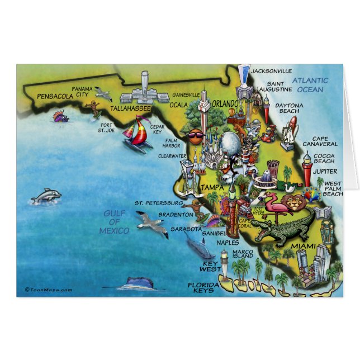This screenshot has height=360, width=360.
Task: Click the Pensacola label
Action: tap(55, 97)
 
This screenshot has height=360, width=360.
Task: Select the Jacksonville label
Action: tap(271, 72)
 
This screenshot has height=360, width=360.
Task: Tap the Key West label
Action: tap(210, 266)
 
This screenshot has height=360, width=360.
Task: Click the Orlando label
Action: tap(225, 104)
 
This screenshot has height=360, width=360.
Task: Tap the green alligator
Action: tap(283, 230)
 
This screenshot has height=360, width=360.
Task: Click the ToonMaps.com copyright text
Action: tap(49, 290)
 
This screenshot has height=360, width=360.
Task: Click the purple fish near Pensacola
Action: tap(61, 117)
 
